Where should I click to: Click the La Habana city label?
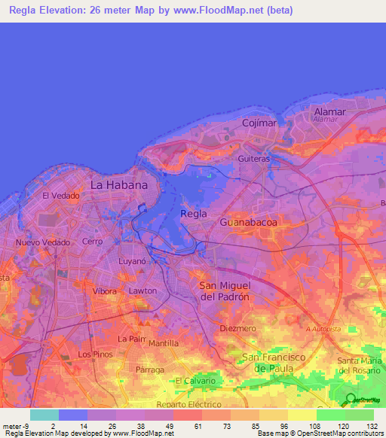click(x=118, y=184)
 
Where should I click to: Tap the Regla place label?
click(x=194, y=214)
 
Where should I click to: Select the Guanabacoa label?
click(x=248, y=223)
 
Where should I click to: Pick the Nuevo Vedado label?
click(x=42, y=242)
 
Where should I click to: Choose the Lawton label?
click(x=142, y=290)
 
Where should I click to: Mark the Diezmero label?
click(x=238, y=329)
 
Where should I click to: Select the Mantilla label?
click(x=164, y=343)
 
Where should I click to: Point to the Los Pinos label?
click(x=95, y=354)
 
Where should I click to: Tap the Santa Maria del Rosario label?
click(x=361, y=365)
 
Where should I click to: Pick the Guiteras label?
click(x=253, y=160)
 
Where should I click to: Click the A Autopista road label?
click(x=323, y=329)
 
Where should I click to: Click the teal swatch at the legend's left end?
click(x=44, y=415)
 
